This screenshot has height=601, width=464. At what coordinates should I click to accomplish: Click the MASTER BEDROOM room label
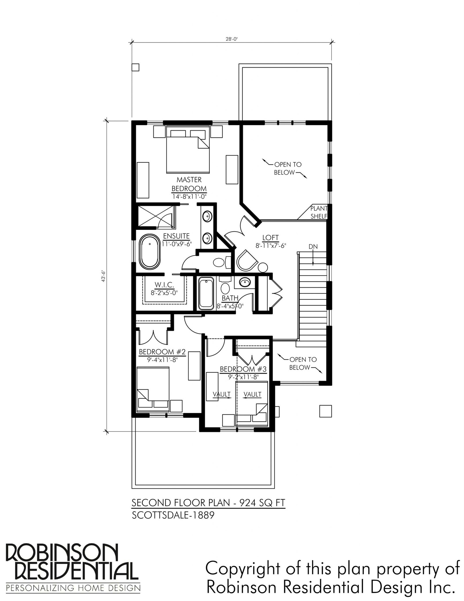[x=189, y=184]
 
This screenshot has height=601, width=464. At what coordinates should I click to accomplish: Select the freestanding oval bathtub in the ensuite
[x=150, y=252]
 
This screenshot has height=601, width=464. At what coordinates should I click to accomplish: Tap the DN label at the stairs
[x=313, y=247]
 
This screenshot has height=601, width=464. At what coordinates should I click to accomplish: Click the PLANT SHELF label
[x=319, y=212]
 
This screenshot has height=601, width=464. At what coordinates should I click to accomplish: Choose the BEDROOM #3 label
[x=243, y=369]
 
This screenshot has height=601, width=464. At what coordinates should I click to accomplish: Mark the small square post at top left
[x=135, y=67]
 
